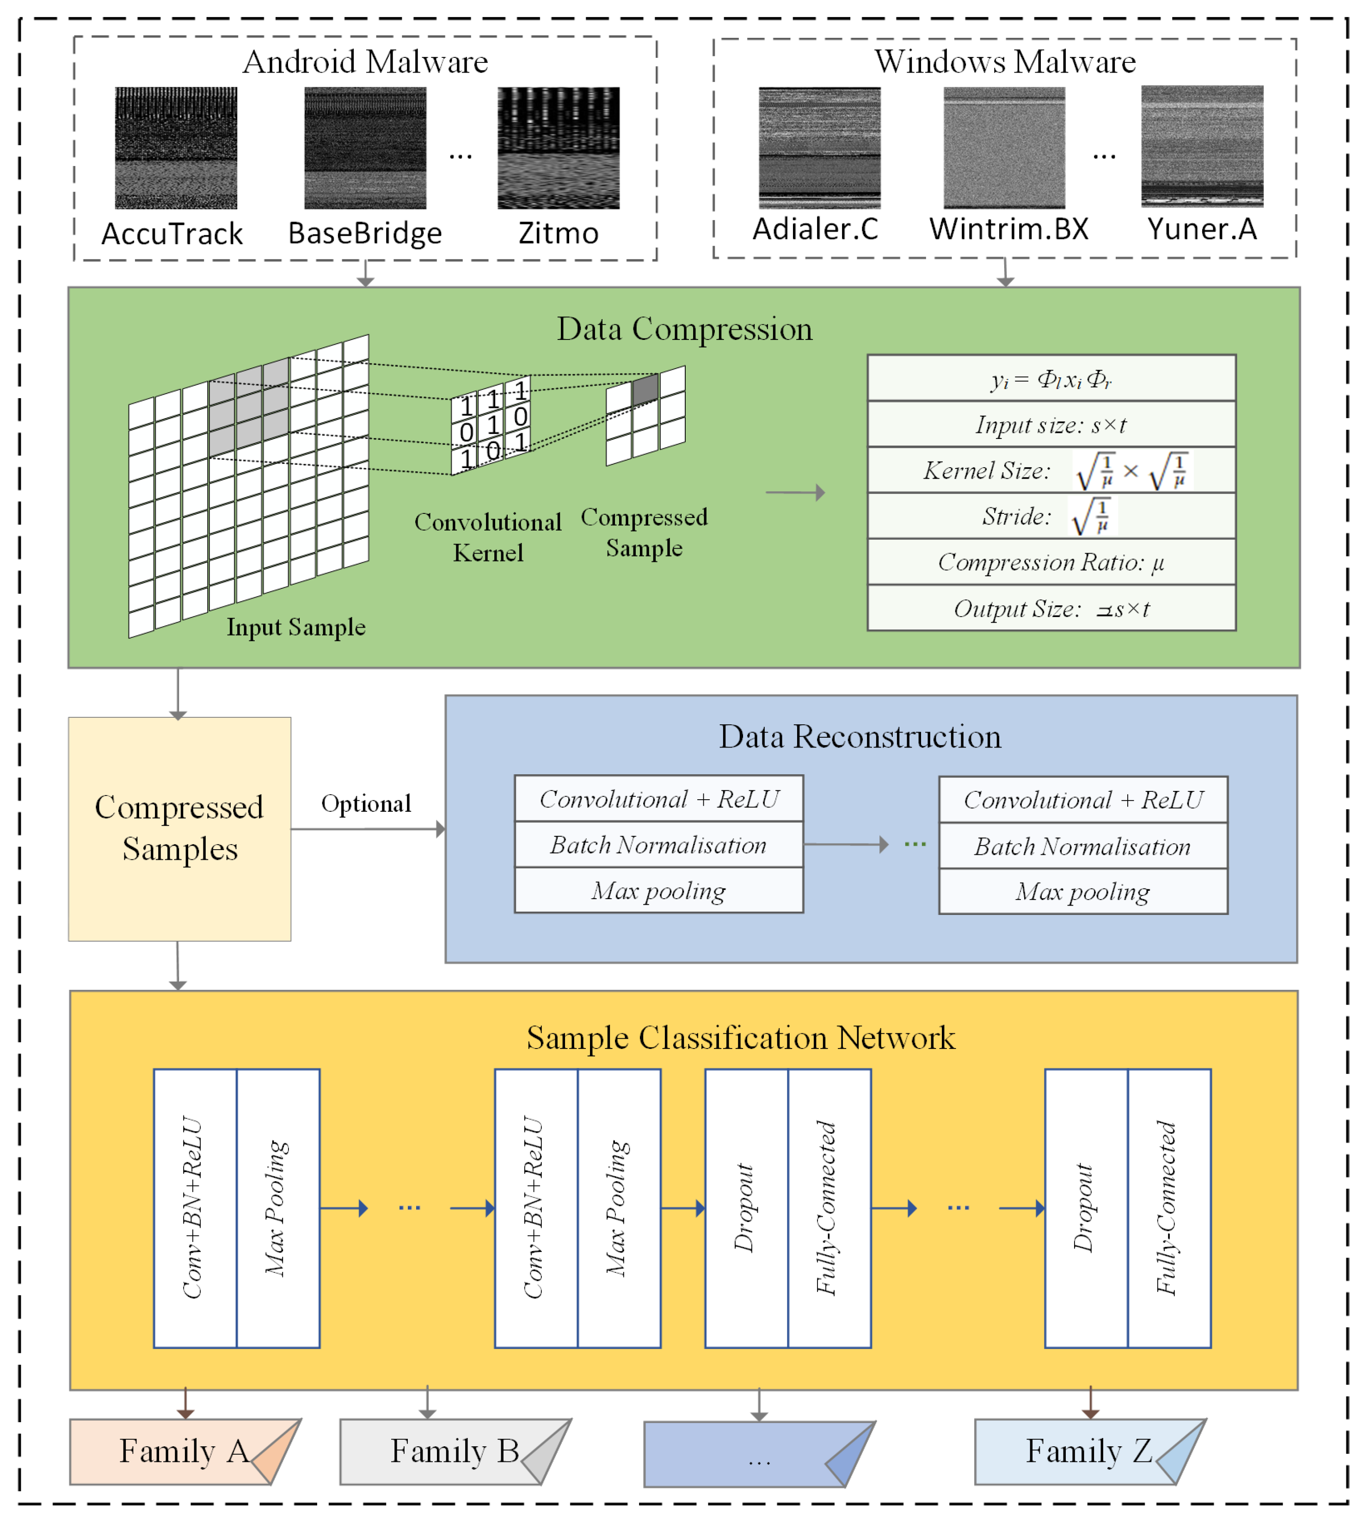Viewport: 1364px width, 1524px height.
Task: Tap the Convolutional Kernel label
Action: [x=488, y=537]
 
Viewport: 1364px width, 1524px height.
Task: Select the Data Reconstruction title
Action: [x=860, y=737]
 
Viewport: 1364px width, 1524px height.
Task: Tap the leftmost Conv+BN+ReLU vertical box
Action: [x=195, y=1208]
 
